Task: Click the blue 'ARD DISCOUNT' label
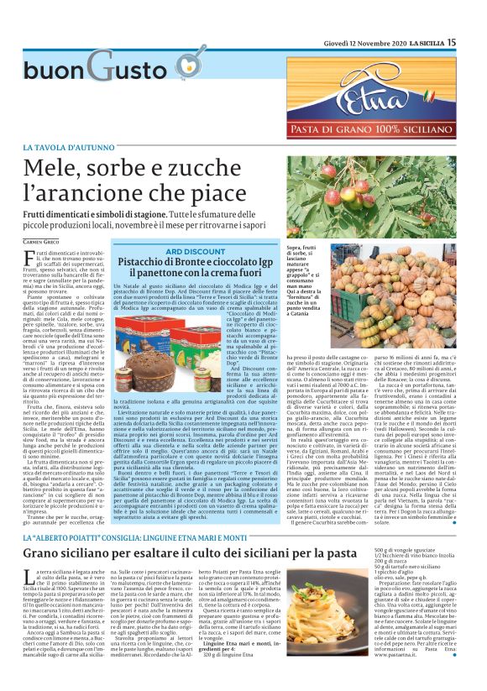[x=195, y=251]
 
